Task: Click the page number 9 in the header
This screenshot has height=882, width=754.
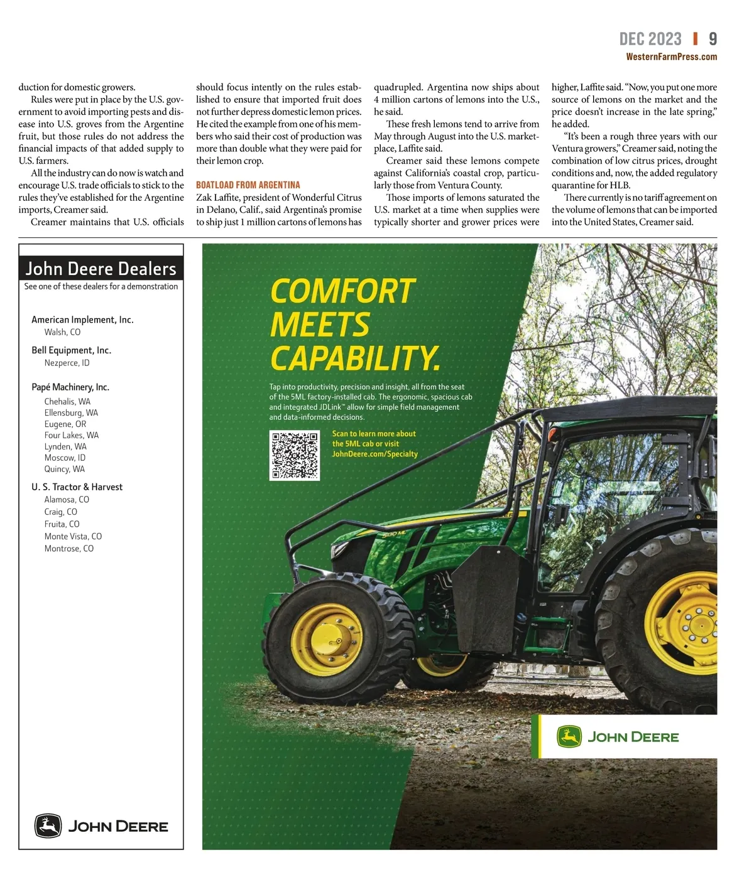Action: click(x=713, y=39)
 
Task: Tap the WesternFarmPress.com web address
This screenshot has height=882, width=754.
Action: click(x=671, y=57)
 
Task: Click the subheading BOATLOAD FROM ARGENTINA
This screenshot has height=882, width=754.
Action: click(x=248, y=185)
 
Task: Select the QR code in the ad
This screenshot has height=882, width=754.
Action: click(x=294, y=455)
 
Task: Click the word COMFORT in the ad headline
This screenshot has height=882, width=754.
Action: click(x=342, y=291)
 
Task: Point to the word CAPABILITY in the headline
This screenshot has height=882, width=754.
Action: click(x=354, y=358)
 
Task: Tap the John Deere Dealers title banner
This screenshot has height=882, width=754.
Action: click(x=101, y=269)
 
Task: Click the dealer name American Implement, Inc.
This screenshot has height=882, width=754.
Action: click(x=82, y=320)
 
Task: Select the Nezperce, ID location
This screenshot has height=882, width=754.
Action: click(x=67, y=363)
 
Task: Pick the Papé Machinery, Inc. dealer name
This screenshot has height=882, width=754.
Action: click(x=70, y=387)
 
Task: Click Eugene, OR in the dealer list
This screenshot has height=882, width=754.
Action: click(x=65, y=424)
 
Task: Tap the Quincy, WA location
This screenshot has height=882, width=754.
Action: click(x=65, y=469)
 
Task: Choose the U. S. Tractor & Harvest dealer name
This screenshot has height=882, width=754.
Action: click(x=77, y=487)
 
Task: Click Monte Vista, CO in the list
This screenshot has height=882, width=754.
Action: click(x=73, y=536)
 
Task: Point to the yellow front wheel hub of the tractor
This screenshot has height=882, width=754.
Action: click(x=326, y=639)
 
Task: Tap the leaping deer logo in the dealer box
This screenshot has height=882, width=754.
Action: click(x=48, y=826)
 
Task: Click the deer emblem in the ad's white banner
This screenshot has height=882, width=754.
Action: click(x=569, y=736)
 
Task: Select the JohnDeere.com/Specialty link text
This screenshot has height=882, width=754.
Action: click(x=374, y=454)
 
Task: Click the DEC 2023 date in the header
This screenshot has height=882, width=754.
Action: click(x=650, y=39)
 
